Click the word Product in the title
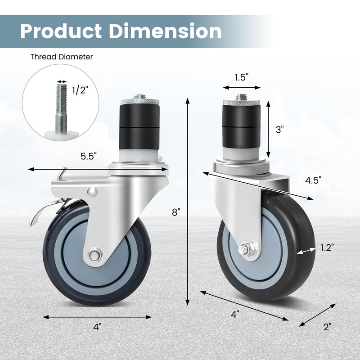(61, 31)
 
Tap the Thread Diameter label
(62, 57)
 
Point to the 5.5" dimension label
(89, 157)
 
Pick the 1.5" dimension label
(241, 77)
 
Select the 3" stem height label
(280, 130)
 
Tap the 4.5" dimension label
(313, 180)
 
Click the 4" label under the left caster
(98, 328)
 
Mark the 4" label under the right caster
(234, 315)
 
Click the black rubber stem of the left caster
(139, 126)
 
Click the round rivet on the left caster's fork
(93, 192)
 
